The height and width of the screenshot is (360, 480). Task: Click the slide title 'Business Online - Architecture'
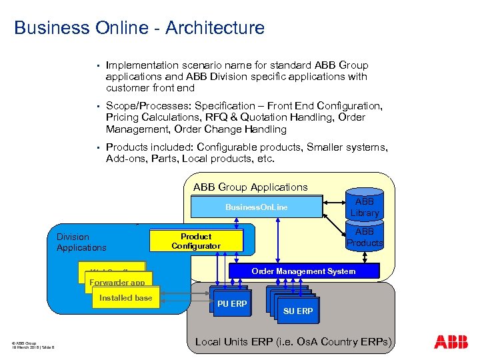click(139, 28)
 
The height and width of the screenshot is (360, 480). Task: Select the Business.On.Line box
click(256, 207)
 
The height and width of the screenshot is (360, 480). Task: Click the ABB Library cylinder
click(365, 207)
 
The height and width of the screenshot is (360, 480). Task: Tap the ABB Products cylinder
click(365, 237)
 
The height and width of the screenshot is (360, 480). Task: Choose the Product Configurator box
click(196, 241)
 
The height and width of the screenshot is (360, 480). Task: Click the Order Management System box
click(303, 271)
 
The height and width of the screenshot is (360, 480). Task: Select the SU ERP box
click(297, 311)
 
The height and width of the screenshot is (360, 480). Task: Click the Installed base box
click(125, 298)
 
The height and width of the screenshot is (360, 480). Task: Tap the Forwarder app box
click(117, 283)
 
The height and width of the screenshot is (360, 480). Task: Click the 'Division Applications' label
click(81, 242)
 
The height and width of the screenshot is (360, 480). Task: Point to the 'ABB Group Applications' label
click(251, 187)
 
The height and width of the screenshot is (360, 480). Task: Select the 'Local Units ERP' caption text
click(293, 342)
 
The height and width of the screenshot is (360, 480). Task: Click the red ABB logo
click(451, 342)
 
